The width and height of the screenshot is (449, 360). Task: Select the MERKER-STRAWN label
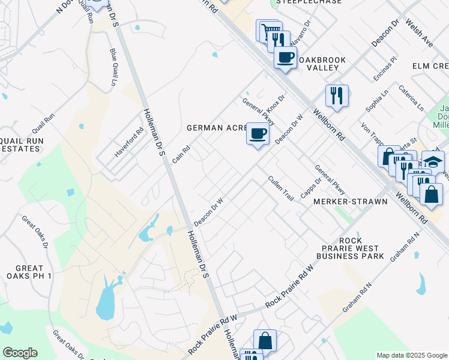(351, 202)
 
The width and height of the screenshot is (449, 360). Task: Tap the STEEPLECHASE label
(309, 2)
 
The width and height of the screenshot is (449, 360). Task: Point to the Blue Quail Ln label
(113, 67)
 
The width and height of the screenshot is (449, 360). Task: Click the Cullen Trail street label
(280, 188)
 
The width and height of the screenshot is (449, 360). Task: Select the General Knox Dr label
(264, 107)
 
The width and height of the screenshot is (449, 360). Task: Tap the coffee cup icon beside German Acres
(258, 133)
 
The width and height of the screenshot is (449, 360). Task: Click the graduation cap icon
(433, 161)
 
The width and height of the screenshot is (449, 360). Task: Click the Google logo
(20, 353)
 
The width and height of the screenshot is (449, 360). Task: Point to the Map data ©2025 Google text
(411, 355)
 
